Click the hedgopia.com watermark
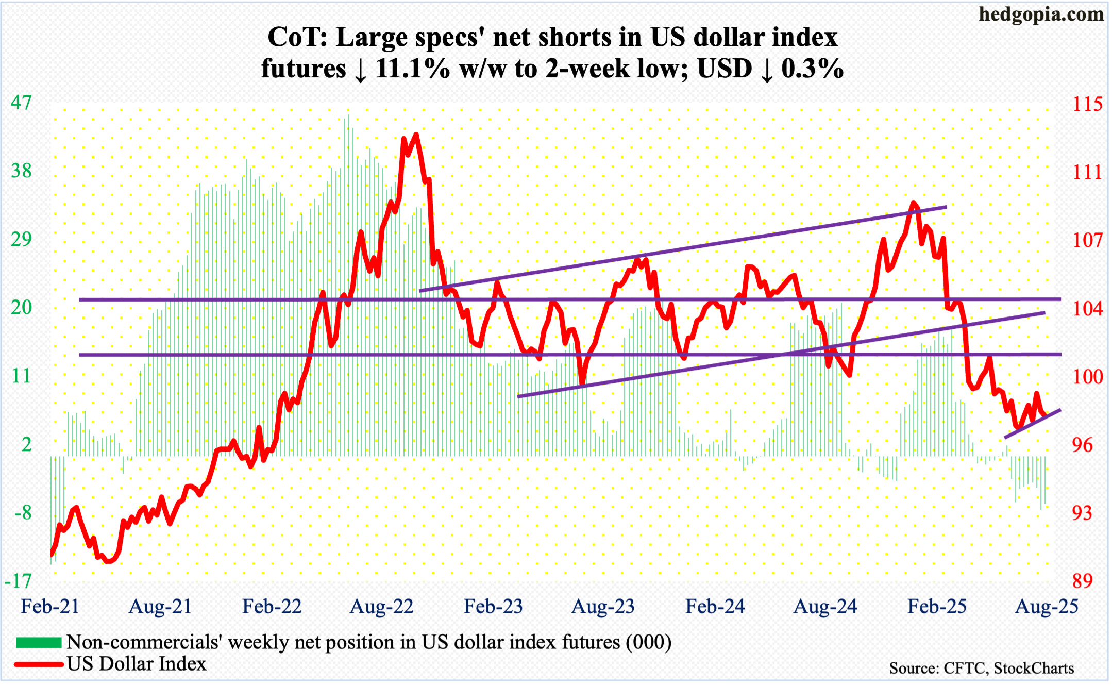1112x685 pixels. [x=1041, y=14]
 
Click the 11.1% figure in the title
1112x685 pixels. [x=413, y=69]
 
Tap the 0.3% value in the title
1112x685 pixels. [x=812, y=69]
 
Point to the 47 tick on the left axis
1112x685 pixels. [x=21, y=103]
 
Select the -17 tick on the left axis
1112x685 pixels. [x=18, y=581]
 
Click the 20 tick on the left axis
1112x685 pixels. [x=21, y=308]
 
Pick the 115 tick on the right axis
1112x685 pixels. [x=1087, y=105]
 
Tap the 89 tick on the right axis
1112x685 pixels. [x=1083, y=581]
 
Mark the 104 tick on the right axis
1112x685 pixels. [x=1087, y=309]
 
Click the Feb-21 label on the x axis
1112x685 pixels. [x=50, y=607]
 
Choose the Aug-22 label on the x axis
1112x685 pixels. [x=381, y=607]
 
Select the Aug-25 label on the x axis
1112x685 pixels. [x=1046, y=607]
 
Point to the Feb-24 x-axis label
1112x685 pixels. [x=715, y=607]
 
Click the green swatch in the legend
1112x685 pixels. [x=39, y=642]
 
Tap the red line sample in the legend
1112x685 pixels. [x=39, y=664]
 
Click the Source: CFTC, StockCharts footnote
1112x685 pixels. [x=981, y=669]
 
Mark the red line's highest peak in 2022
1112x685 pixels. [x=416, y=135]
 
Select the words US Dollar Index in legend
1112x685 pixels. [x=137, y=664]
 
